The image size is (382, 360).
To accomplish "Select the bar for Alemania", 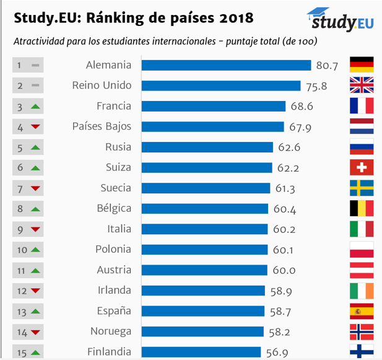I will click(x=226, y=65).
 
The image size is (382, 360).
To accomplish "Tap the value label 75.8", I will click(x=316, y=86).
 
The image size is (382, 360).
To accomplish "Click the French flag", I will click(x=362, y=106).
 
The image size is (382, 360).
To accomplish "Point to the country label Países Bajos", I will click(x=102, y=126).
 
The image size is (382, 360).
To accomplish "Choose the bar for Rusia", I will click(x=207, y=147).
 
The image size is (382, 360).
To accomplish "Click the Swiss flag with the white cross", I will click(x=362, y=167).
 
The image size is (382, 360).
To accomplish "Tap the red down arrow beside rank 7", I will click(x=35, y=188).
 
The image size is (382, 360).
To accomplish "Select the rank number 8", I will click(x=20, y=209).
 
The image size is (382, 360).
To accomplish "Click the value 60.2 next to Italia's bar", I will click(x=284, y=229).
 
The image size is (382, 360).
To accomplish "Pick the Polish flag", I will click(x=362, y=250).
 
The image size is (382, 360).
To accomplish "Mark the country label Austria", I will click(x=114, y=270).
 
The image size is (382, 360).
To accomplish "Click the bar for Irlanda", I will click(x=203, y=291).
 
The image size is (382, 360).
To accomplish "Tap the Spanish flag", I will click(x=362, y=311).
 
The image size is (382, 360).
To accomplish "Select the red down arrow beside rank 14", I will click(x=35, y=332).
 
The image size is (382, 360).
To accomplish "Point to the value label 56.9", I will click(x=277, y=352).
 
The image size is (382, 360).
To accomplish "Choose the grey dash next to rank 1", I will click(x=35, y=65).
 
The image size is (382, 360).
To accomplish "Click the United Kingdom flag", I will click(x=362, y=86).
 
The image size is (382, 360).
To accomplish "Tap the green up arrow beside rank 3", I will click(x=35, y=107).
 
